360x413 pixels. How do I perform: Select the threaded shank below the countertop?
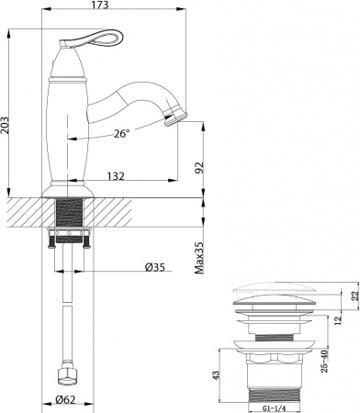point(68,220)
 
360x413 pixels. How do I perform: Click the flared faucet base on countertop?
point(68,190)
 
